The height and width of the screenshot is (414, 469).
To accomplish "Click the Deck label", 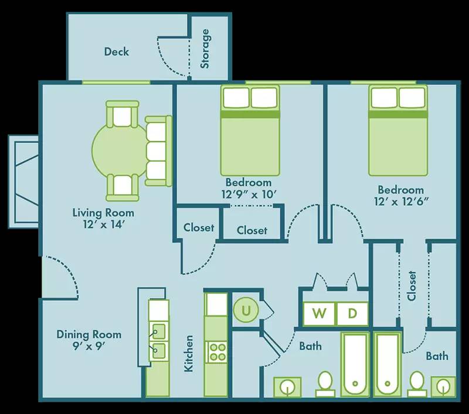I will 116,52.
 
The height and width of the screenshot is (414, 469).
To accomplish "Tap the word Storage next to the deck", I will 205,49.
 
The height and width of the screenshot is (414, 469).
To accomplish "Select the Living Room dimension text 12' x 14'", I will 103,223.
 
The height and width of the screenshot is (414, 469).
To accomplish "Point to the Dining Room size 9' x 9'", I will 89,345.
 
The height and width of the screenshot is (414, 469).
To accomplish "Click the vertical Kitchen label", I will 189,353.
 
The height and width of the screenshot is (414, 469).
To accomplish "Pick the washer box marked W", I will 319,313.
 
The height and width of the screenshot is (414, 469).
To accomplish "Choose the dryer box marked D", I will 352,313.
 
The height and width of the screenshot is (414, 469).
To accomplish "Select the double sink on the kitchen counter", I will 157,341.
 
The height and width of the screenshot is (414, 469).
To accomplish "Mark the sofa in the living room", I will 158,151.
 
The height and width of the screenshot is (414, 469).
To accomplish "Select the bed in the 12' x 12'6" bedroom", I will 397,130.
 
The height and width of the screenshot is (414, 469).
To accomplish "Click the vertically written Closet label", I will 412,285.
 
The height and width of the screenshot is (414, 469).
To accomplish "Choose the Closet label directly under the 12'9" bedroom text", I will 252,230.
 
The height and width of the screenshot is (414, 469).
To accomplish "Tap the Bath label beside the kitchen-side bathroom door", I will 310,346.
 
